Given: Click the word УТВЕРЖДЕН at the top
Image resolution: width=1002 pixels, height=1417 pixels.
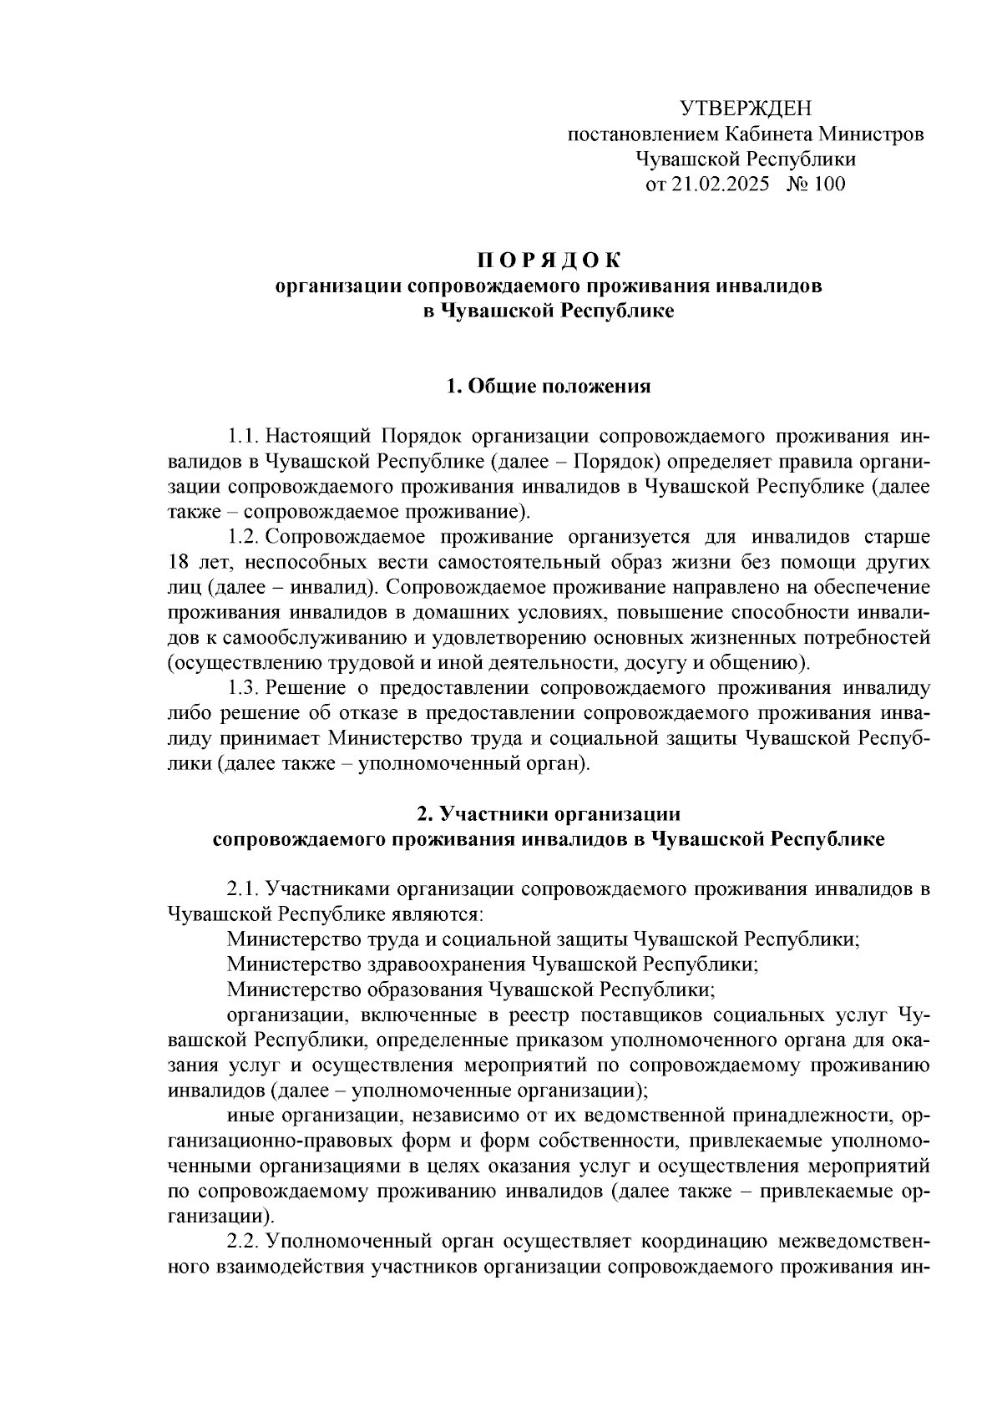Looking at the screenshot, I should [x=745, y=109].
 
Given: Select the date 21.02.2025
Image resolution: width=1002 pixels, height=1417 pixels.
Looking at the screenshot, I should [x=719, y=185].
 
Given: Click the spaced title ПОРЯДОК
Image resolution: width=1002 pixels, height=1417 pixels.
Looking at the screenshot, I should [x=549, y=261].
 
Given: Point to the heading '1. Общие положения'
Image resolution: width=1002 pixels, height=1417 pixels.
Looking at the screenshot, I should [x=549, y=387].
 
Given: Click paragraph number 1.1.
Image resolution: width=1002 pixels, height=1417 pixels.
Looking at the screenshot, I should [x=242, y=437].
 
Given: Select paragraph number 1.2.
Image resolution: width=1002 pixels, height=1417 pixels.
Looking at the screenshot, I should [x=243, y=537].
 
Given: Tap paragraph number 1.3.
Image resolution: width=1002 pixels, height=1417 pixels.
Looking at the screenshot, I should [x=243, y=689].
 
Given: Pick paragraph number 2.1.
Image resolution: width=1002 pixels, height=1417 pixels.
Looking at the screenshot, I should [x=243, y=889].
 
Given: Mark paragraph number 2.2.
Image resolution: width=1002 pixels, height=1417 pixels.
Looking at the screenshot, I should [x=243, y=1242].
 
